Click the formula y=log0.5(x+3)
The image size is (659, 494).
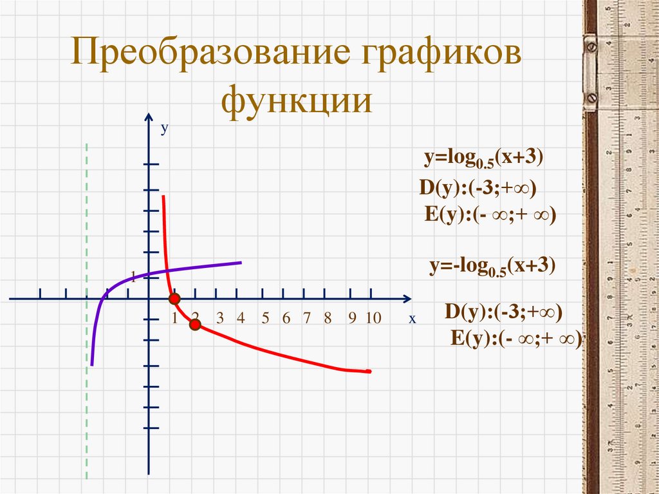tap(483, 158)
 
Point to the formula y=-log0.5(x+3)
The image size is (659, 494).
tap(492, 267)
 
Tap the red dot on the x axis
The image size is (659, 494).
tap(174, 299)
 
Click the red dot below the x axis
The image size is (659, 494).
tap(195, 325)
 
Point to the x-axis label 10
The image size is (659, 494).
tap(373, 318)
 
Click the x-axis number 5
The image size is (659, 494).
tap(265, 318)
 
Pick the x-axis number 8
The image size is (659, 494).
tap(328, 318)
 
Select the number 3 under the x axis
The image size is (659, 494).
tap(219, 318)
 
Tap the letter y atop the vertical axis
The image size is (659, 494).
tap(164, 129)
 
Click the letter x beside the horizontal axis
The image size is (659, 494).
tap(412, 318)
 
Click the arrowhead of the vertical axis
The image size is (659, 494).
tap(149, 117)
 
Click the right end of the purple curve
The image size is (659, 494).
tap(240, 262)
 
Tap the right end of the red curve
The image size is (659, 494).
tap(369, 371)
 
